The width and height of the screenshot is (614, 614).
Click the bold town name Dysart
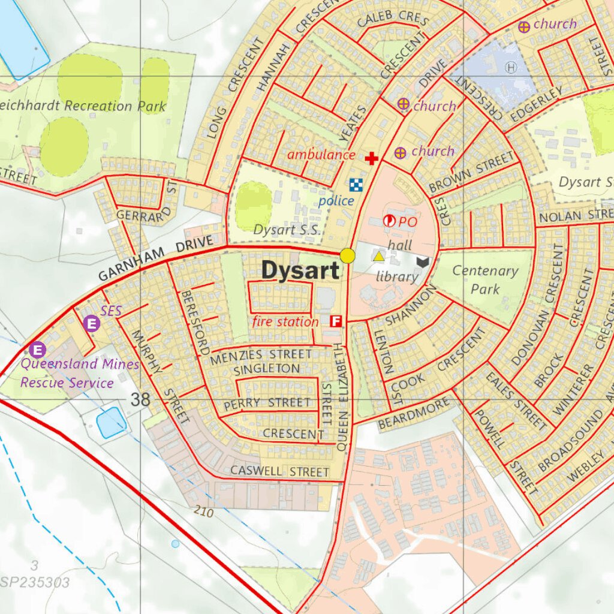tap(300, 271)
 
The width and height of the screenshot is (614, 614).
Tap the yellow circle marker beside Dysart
tap(348, 256)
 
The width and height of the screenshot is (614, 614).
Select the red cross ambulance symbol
tap(372, 158)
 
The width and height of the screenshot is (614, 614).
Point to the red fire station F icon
tap(336, 321)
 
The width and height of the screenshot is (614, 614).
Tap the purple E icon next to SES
tap(92, 324)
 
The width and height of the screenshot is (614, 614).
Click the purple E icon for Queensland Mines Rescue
tap(38, 349)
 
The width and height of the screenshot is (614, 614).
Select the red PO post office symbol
tap(389, 221)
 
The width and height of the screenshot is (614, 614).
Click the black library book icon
tap(424, 261)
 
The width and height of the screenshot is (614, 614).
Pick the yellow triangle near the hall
tap(379, 257)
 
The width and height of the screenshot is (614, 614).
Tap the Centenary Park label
tap(485, 280)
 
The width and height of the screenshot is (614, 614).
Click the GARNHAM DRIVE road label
tap(155, 258)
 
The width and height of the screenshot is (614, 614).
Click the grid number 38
tap(140, 400)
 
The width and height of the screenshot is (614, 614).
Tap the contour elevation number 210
tap(203, 511)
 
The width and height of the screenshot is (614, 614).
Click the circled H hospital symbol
tap(511, 67)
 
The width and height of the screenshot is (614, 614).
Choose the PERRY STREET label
tap(267, 404)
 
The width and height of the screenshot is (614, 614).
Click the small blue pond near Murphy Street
tap(110, 422)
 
